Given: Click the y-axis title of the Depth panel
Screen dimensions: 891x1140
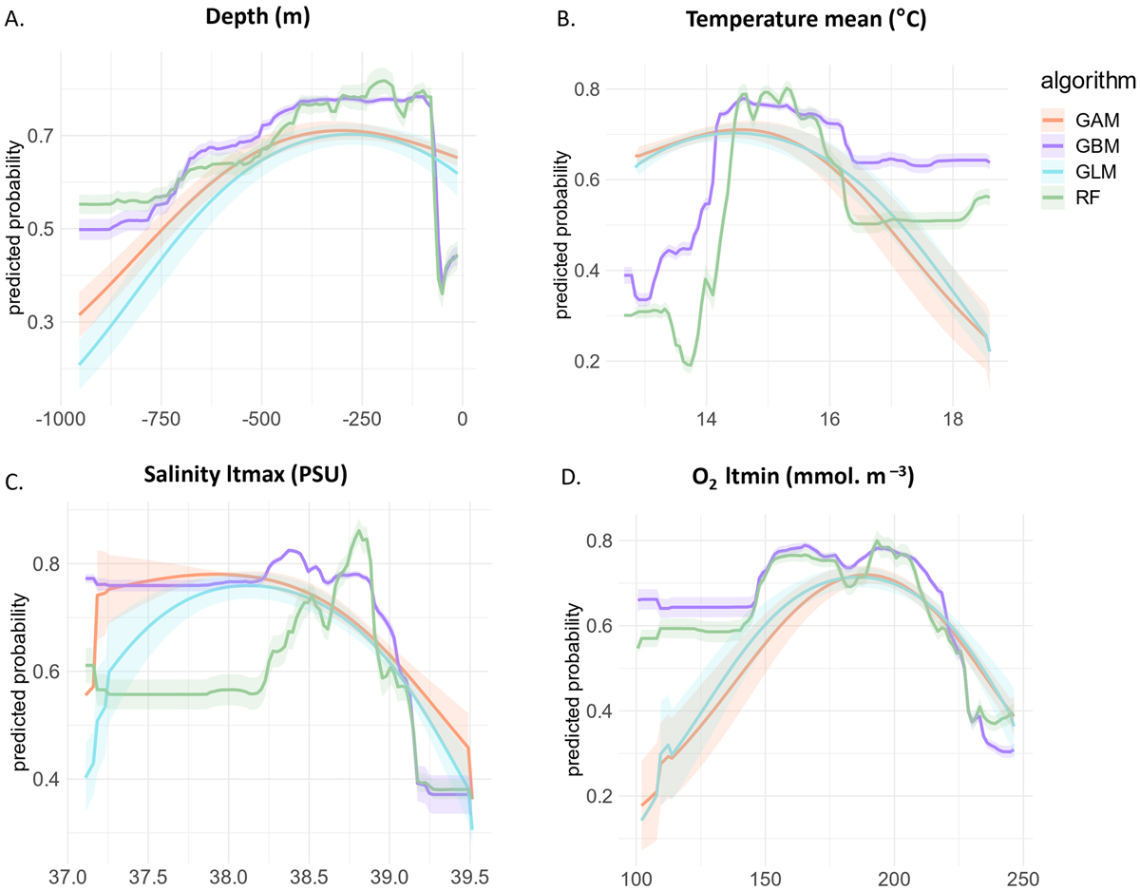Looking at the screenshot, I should pyautogui.click(x=17, y=228).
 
